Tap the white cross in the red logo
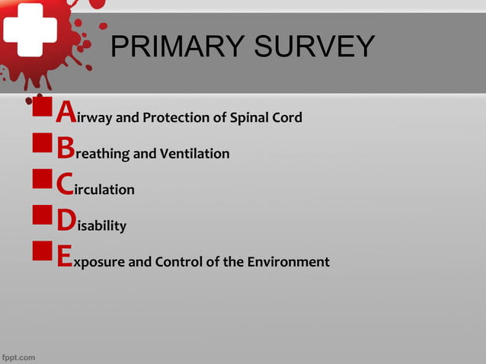[x=28, y=30]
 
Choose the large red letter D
[x=66, y=222]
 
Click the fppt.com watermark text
[x=18, y=356]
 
